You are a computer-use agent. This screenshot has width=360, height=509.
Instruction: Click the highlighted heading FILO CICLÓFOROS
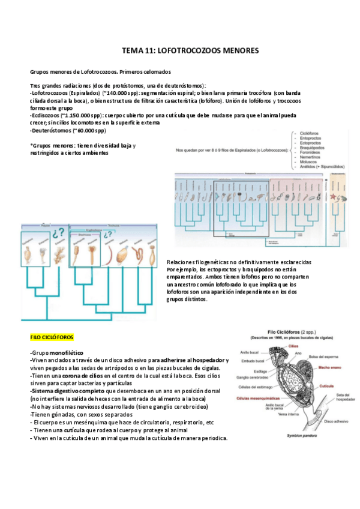click(52, 337)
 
